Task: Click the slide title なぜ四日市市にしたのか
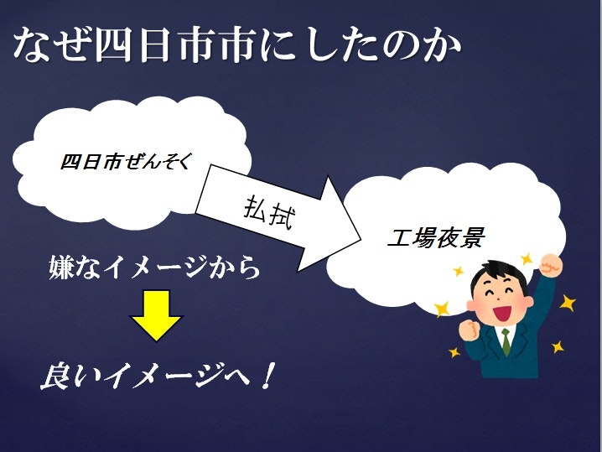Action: [237, 45]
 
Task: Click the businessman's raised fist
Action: [550, 267]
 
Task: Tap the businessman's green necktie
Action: [506, 340]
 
